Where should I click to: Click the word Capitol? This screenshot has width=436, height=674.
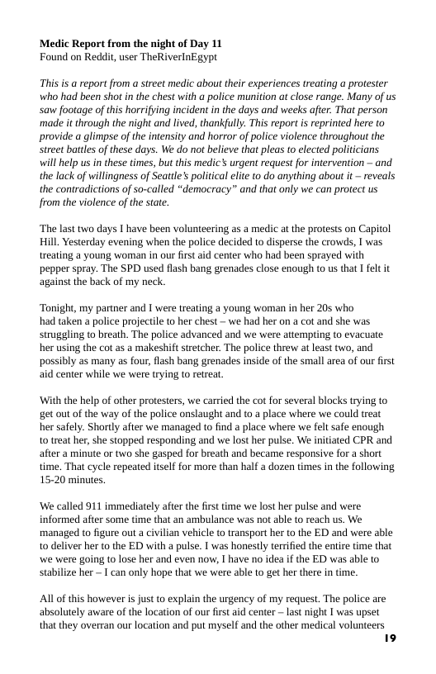(x=373, y=229)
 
